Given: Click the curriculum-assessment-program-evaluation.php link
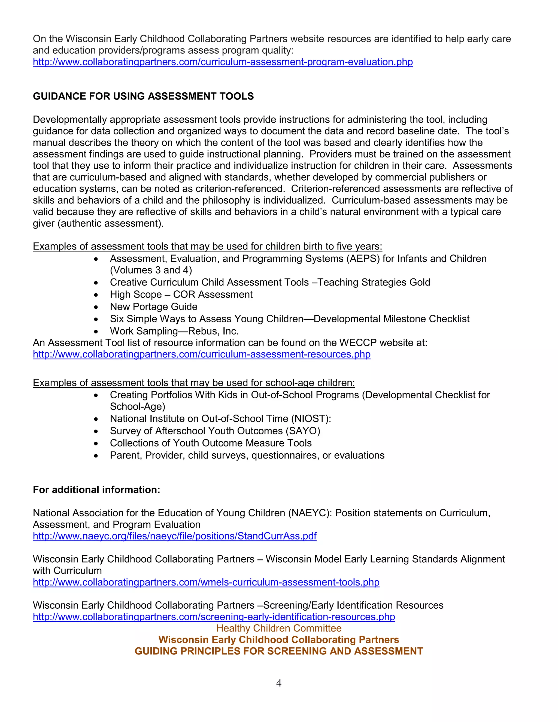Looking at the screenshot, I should (223, 62).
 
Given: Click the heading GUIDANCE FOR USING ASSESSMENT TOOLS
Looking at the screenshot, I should (143, 96).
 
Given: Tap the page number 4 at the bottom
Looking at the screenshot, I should (279, 683).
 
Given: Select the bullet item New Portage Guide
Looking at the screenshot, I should (153, 307).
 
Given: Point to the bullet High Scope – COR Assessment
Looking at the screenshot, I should (181, 294).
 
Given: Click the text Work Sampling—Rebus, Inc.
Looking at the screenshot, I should (174, 331).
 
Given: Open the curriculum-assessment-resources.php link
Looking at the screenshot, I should (202, 354).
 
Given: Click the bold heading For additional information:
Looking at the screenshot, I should (96, 490).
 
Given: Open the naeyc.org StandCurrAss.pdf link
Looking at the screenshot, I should (175, 536).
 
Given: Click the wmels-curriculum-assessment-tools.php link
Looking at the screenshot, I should (206, 582).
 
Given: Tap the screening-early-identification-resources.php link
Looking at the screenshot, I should (214, 617).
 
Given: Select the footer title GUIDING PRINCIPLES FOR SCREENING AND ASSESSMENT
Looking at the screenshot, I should (279, 651).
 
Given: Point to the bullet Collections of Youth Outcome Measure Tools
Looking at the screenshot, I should (211, 443).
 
